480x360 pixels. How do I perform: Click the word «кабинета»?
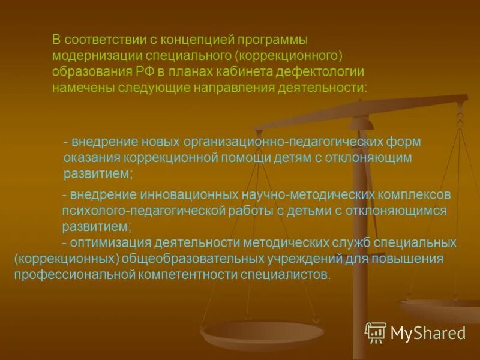tap(244, 71)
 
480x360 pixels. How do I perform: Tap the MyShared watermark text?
tap(428, 333)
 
